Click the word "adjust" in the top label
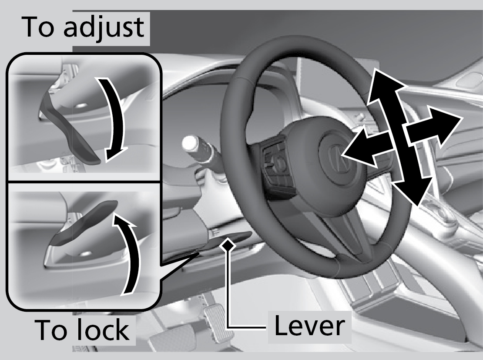[x=104, y=27]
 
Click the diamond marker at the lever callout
[x=228, y=245]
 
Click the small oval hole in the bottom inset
[x=86, y=254]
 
